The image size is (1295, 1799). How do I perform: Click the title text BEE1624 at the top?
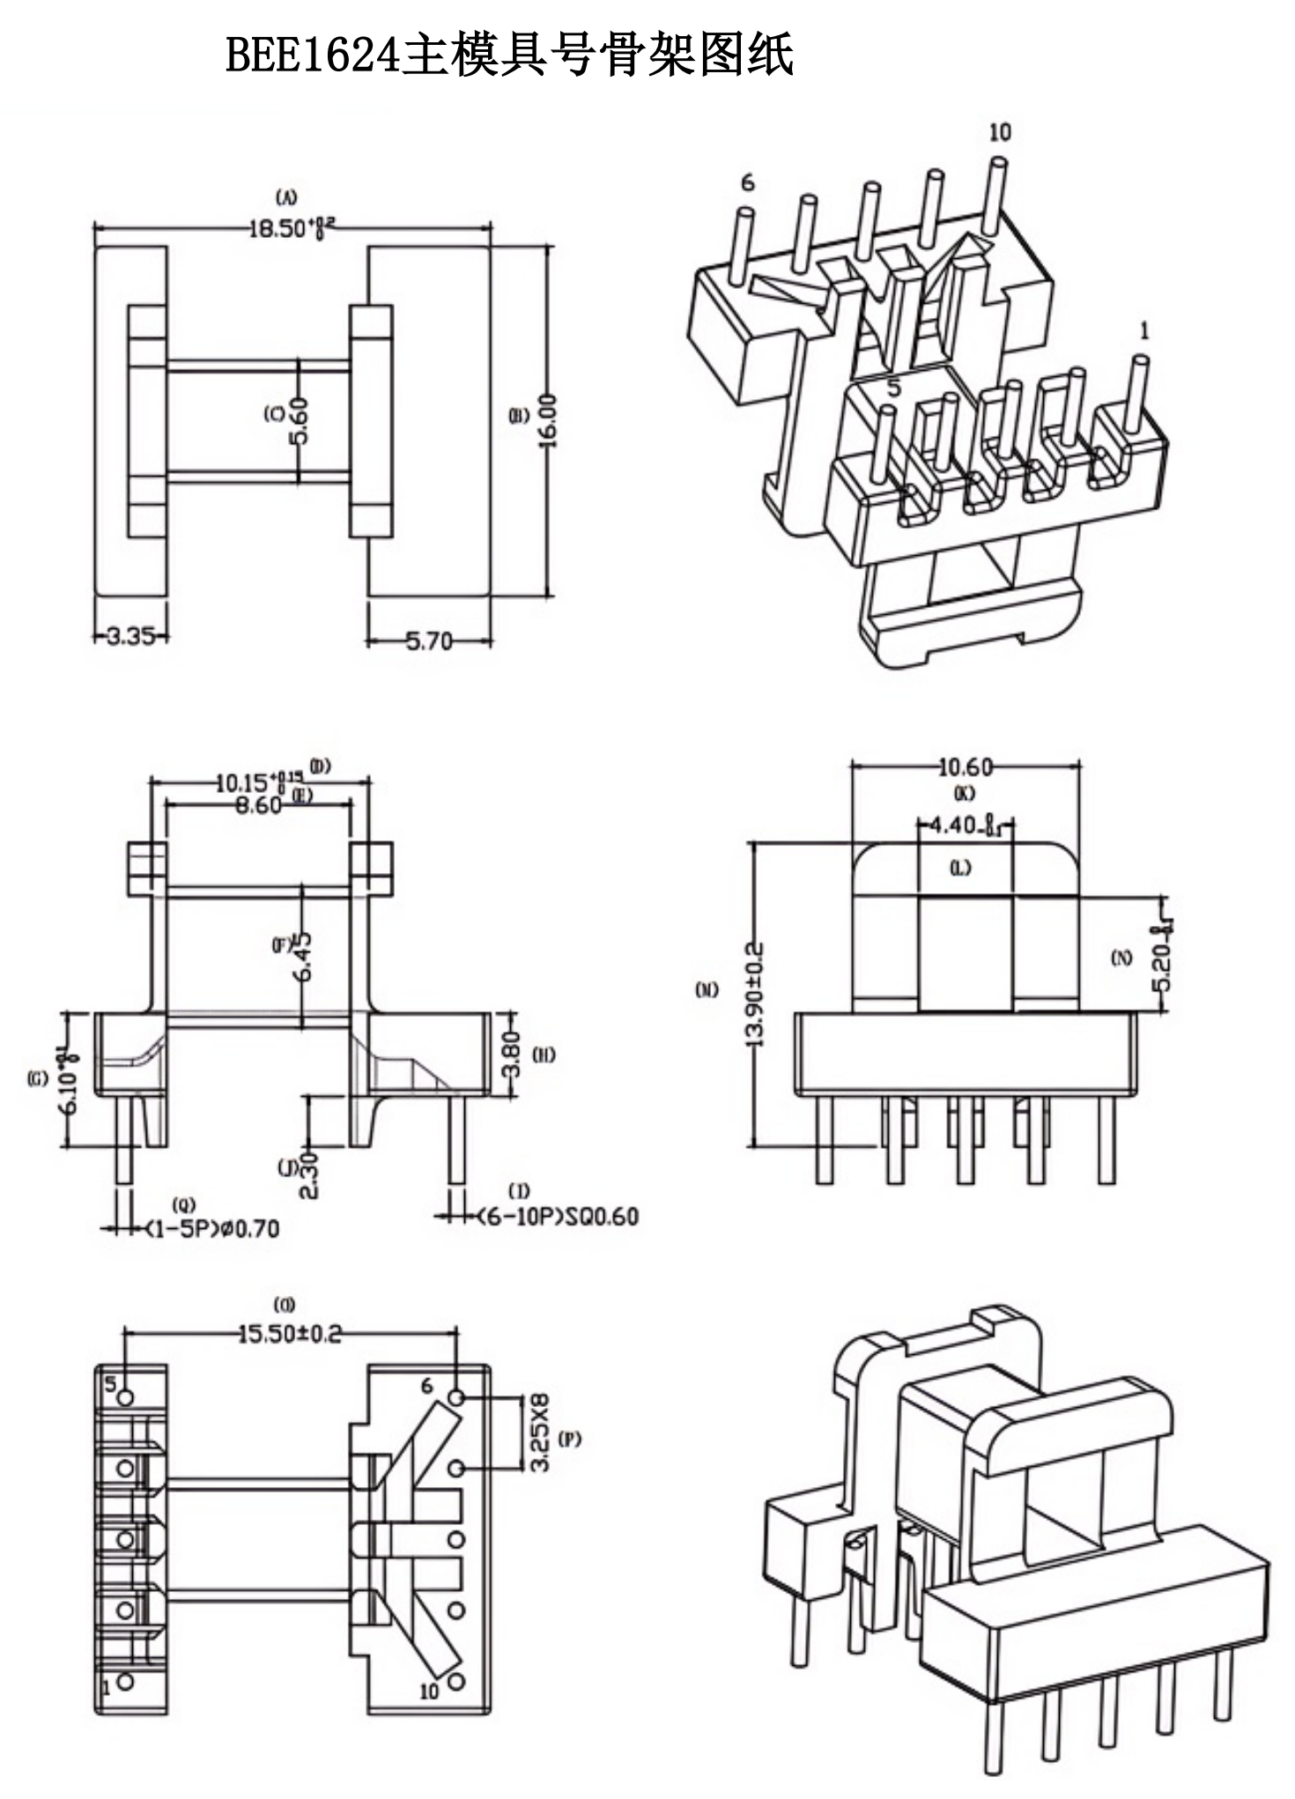click(313, 55)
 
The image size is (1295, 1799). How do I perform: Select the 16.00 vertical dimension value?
click(548, 420)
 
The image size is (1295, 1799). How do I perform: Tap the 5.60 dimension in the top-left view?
click(300, 420)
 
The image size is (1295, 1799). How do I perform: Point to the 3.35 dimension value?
click(130, 635)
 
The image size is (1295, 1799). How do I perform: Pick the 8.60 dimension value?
click(258, 805)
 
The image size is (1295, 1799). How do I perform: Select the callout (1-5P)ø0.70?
click(212, 1228)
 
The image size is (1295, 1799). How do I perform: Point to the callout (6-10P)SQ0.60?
click(557, 1217)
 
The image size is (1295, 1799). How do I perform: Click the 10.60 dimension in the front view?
click(965, 767)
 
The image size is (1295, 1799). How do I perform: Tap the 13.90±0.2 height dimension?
click(755, 994)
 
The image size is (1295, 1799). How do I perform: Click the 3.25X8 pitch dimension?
click(540, 1432)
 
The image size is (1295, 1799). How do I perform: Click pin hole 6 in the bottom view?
click(456, 1397)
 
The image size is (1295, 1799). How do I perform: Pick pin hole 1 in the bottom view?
click(125, 1681)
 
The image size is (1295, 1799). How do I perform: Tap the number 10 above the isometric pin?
click(999, 132)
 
